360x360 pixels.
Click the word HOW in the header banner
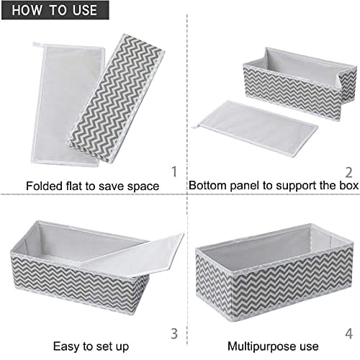27,10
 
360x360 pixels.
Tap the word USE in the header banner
85,10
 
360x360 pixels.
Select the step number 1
174,172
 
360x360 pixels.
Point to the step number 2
348,172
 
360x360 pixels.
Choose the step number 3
174,333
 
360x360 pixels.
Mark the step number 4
349,333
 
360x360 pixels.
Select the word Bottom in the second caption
204,186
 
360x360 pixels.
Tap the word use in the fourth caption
309,348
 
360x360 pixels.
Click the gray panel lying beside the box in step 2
256,128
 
